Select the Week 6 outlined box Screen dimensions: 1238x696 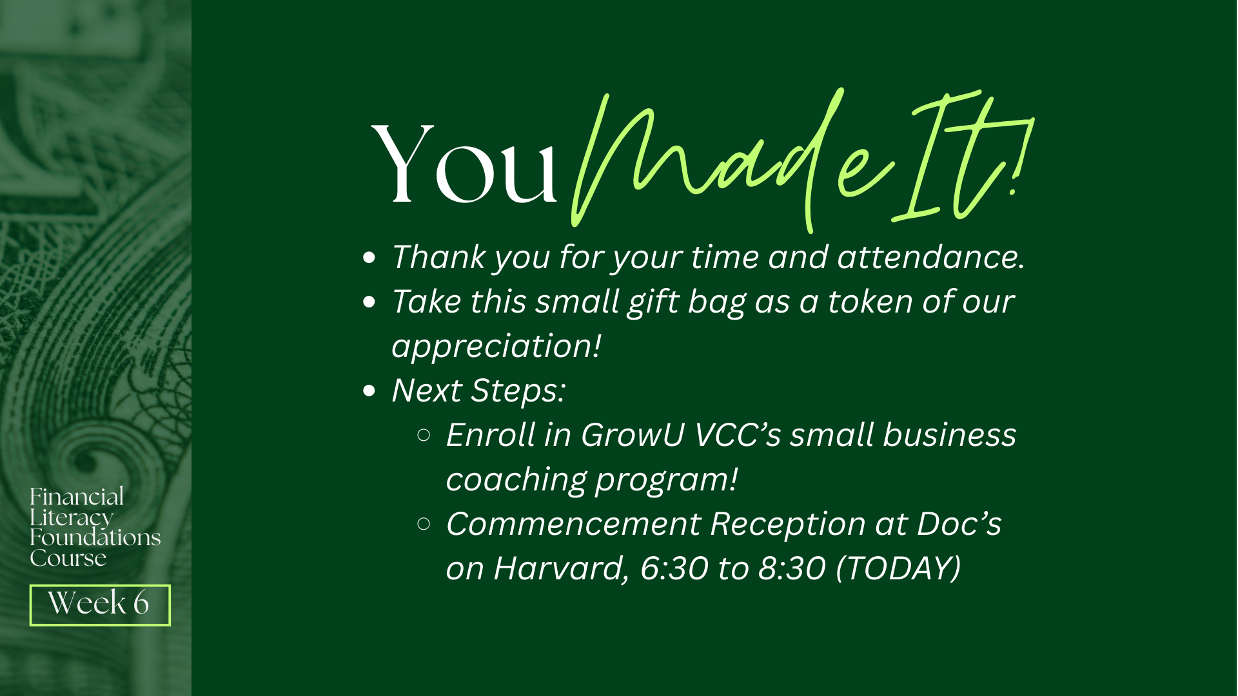(x=100, y=605)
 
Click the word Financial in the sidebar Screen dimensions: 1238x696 (x=77, y=497)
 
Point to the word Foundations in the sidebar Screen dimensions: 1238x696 (x=95, y=537)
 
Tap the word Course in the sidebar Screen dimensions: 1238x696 (x=68, y=558)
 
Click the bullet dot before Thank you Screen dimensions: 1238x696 (x=369, y=258)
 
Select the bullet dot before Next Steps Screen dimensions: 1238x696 (x=369, y=391)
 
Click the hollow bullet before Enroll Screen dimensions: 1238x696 (x=424, y=436)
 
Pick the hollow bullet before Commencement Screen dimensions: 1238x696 (x=424, y=525)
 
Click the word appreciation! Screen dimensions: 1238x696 (x=496, y=347)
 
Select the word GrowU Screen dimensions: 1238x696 (x=633, y=435)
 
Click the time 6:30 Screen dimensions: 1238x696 (x=674, y=568)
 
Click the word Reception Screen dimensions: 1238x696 (x=788, y=525)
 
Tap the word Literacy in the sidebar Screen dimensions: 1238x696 (x=72, y=517)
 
